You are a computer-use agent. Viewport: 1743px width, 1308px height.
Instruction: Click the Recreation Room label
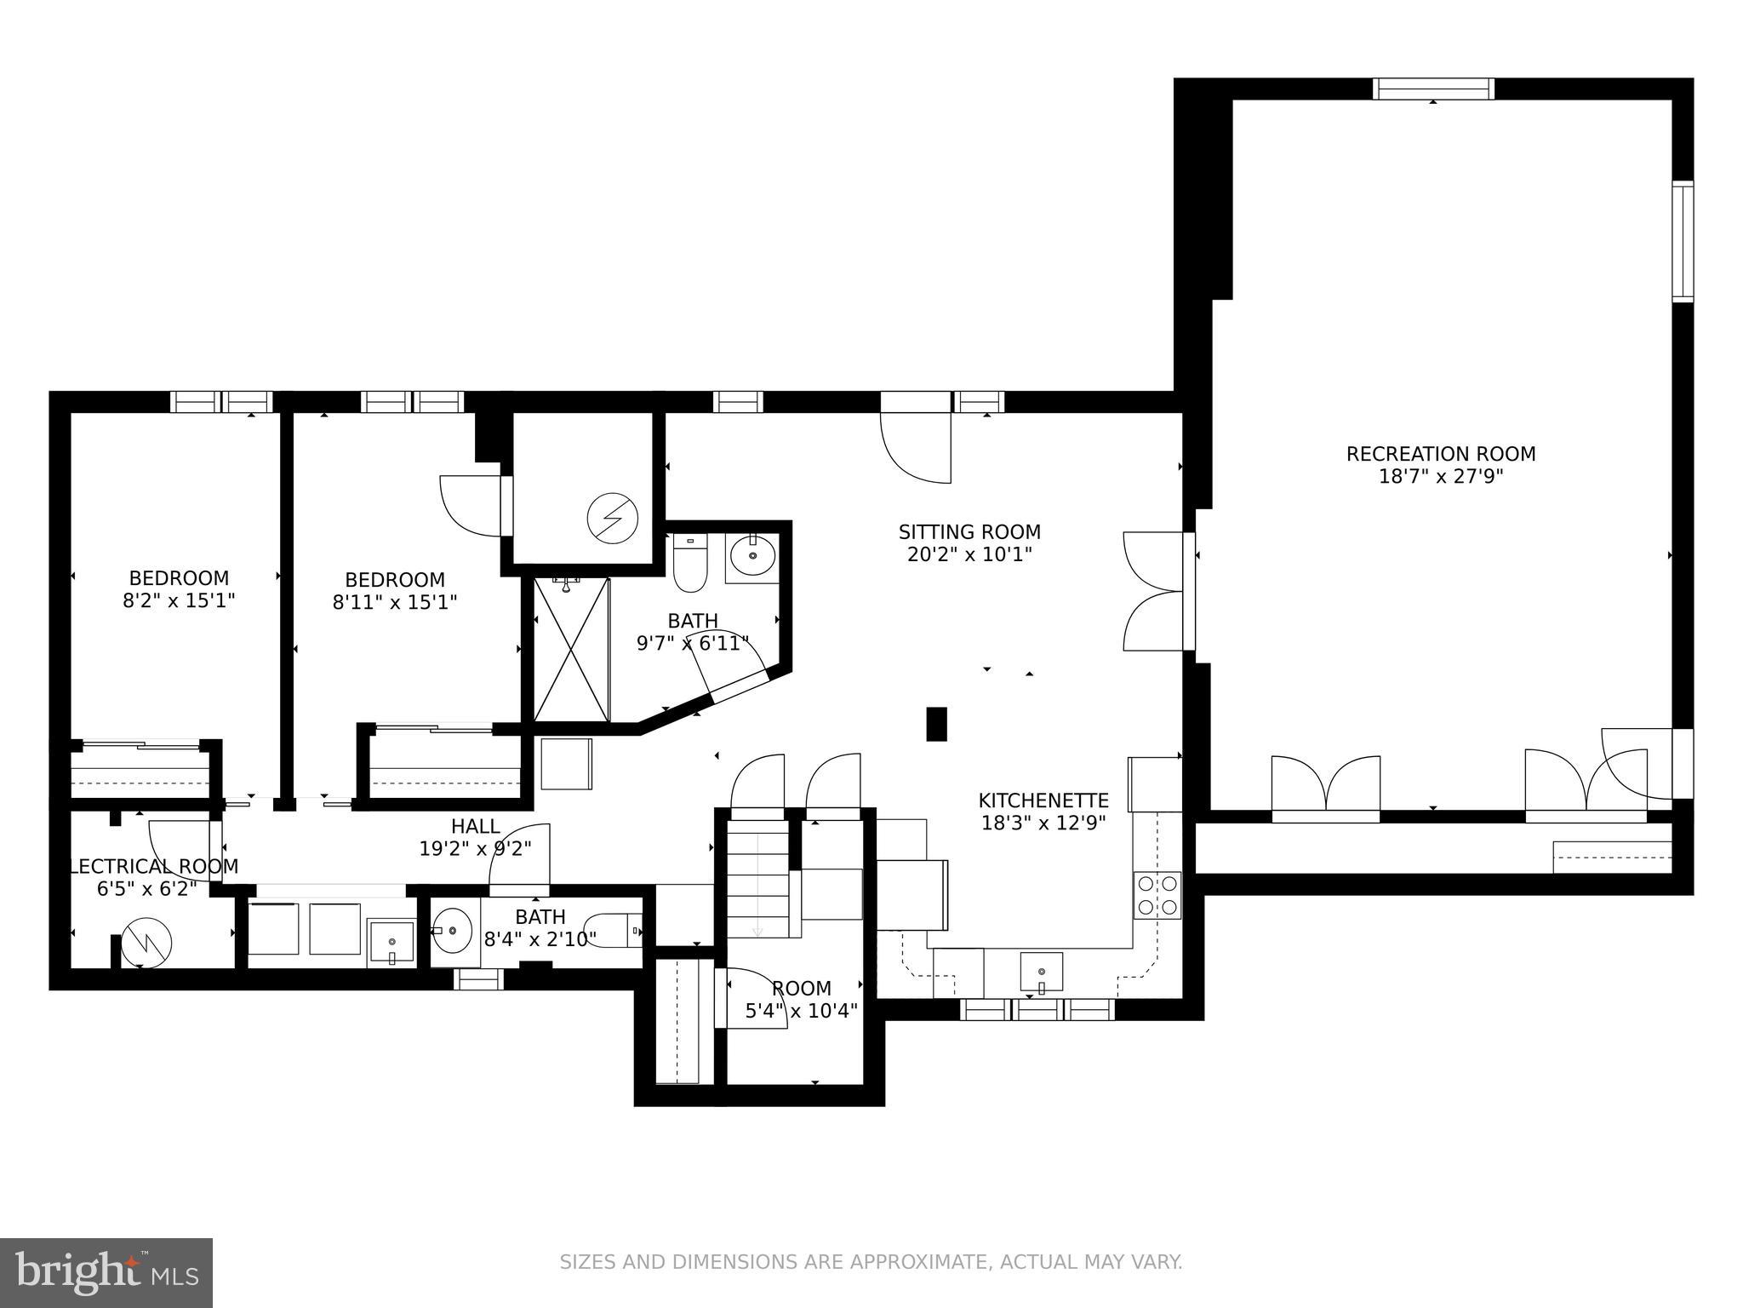coord(1440,454)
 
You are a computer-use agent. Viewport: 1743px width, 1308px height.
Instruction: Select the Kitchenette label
coord(1043,800)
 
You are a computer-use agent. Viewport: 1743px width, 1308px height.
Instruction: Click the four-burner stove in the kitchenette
coord(1157,895)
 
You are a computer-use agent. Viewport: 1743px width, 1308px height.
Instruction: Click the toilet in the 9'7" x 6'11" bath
coord(689,563)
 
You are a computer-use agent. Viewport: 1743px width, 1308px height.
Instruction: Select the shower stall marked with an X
coord(571,649)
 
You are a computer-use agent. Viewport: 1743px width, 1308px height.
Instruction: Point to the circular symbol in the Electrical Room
coord(146,943)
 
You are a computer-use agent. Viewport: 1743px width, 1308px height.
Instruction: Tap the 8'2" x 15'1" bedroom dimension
coord(179,600)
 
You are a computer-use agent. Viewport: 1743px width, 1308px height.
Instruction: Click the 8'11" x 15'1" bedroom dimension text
coord(395,602)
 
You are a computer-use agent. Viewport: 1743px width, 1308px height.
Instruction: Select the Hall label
coord(475,826)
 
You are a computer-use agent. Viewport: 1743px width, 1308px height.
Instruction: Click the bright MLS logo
coord(106,1272)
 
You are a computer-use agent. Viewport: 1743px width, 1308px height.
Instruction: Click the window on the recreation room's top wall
coord(1433,89)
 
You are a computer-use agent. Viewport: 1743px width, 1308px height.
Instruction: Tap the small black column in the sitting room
coord(936,724)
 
